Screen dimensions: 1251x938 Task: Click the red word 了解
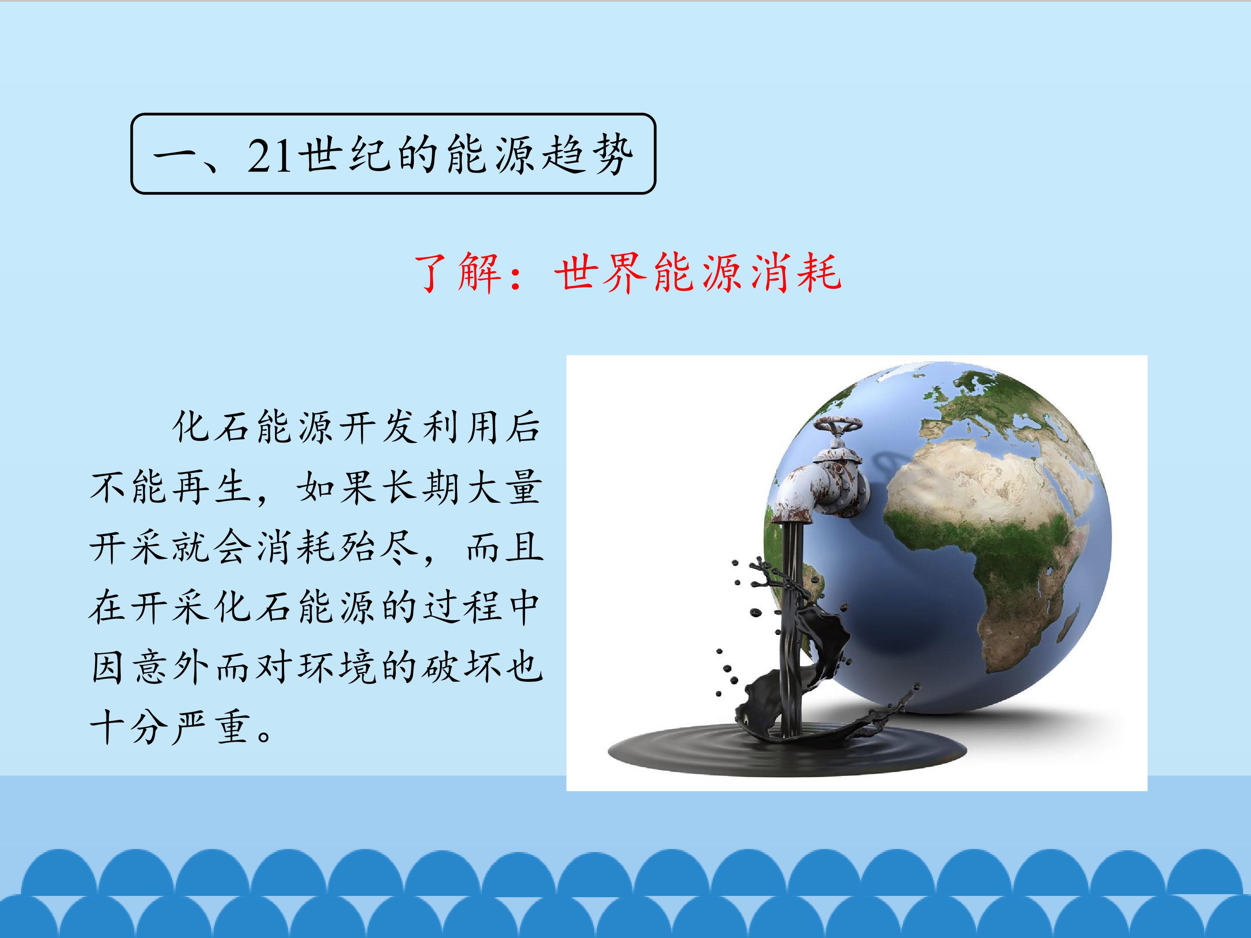[458, 273]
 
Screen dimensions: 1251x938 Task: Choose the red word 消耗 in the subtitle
[796, 273]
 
